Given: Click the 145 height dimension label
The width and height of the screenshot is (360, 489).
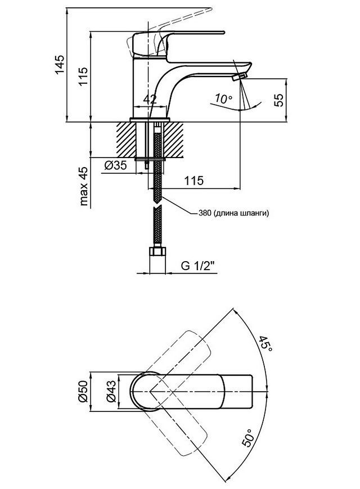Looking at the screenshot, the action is click(x=60, y=65).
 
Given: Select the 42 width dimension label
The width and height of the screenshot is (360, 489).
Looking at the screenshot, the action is click(x=150, y=100).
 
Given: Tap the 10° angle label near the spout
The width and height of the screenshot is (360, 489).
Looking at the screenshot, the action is click(x=223, y=99).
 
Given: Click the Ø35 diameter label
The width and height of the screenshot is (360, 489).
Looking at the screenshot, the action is click(x=116, y=165).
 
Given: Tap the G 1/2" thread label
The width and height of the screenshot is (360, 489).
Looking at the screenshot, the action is click(x=198, y=266).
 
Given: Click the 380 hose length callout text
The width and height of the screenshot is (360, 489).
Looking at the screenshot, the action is click(x=233, y=213).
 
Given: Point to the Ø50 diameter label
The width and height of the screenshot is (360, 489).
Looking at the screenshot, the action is click(x=83, y=392).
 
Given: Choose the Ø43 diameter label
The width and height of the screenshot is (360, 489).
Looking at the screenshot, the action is click(x=111, y=392).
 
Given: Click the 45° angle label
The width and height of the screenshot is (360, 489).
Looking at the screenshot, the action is click(x=265, y=344).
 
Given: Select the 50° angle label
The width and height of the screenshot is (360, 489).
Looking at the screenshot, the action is click(x=248, y=438).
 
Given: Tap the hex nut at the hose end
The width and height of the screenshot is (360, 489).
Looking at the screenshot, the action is click(x=157, y=252).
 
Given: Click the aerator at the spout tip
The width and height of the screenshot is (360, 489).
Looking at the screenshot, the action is click(x=240, y=77).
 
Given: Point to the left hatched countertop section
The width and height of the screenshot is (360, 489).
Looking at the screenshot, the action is click(x=127, y=140).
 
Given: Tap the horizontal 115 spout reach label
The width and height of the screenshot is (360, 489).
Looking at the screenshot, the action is click(x=193, y=181).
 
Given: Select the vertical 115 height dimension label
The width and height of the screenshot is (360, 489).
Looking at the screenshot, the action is click(x=83, y=77).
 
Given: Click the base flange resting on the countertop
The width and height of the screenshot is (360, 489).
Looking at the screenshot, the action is click(x=150, y=120).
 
